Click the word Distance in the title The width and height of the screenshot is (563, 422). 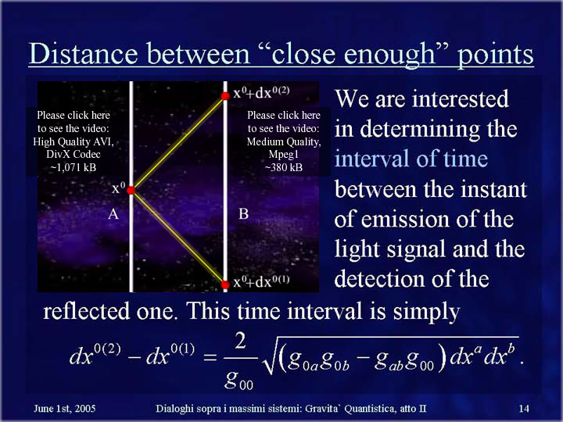[x=84, y=54]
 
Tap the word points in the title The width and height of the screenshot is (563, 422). [x=496, y=55]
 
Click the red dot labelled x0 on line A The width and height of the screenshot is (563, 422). [x=131, y=190]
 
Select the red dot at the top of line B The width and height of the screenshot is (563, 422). [x=225, y=96]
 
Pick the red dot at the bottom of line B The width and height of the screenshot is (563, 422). [x=225, y=284]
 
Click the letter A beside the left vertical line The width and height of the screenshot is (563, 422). [x=113, y=214]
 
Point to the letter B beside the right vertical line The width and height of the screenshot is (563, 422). [x=243, y=214]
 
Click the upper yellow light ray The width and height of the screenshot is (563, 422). [x=178, y=143]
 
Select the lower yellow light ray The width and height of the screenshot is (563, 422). [x=178, y=238]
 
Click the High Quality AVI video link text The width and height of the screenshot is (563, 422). [x=74, y=141]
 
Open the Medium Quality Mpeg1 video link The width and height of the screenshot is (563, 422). [x=284, y=141]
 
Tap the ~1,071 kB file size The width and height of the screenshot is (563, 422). [x=74, y=167]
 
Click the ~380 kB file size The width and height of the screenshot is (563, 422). [x=284, y=167]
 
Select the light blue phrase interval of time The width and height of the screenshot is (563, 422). [x=411, y=159]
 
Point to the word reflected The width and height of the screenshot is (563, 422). [x=86, y=311]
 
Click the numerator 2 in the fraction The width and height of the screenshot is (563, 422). [x=240, y=341]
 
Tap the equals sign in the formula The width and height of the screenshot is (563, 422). [x=210, y=357]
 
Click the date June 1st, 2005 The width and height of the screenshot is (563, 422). [x=65, y=409]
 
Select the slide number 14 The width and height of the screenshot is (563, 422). [x=524, y=409]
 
